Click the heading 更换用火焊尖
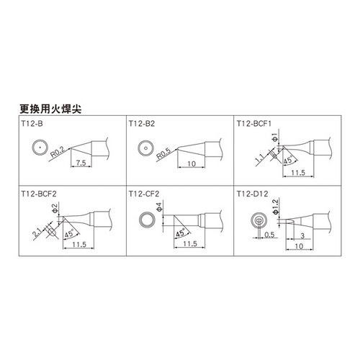tap(50, 109)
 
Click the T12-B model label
tap(32, 124)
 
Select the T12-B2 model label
tap(142, 124)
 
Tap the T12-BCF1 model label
tap(254, 124)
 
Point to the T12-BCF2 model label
tap(39, 194)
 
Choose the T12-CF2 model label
tap(144, 194)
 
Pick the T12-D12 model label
tap(252, 194)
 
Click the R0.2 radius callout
tap(58, 152)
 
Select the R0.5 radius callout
tap(163, 153)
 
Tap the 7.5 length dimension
tap(81, 163)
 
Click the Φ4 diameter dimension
tap(159, 207)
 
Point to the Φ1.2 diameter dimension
tap(275, 207)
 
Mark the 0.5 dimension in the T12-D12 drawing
tap(269, 235)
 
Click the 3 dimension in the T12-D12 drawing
tap(302, 235)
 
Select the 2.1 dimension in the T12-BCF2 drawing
tap(37, 233)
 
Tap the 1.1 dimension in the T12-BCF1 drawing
tap(260, 158)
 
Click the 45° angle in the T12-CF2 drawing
tap(180, 233)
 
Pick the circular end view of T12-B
tap(40, 147)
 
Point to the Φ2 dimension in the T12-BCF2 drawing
tap(55, 208)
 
